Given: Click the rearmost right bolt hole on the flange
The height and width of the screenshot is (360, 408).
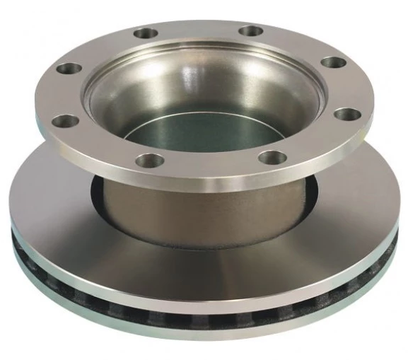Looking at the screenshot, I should (250, 31).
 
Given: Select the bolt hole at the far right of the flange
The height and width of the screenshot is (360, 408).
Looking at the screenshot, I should (344, 113).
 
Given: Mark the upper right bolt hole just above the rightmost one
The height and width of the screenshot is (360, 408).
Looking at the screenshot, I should (333, 62).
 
